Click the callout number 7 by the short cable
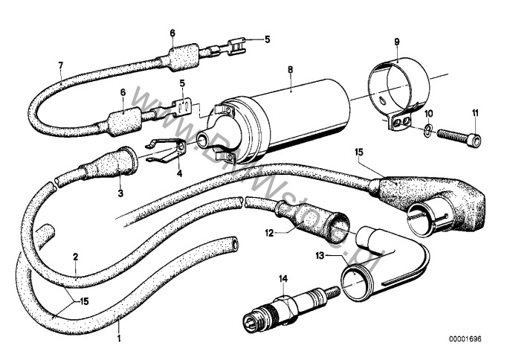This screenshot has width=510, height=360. tap(60, 66)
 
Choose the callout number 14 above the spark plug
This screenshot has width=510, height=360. tap(282, 280)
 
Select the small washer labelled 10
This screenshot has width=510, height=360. tap(427, 132)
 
